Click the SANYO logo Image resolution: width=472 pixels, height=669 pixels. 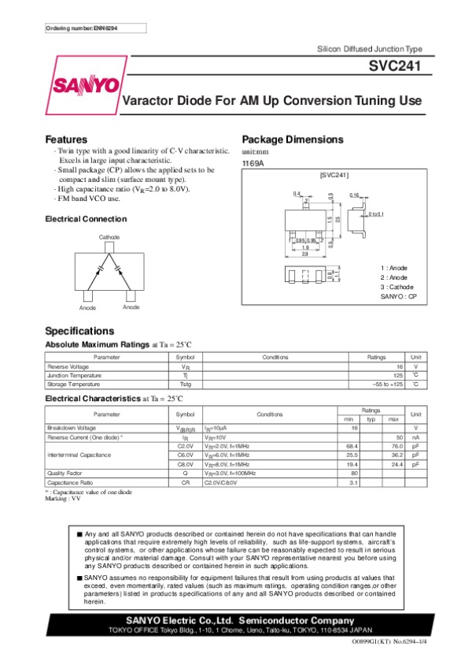85,85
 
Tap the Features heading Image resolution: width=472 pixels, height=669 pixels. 66,139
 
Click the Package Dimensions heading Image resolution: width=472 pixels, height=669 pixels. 292,139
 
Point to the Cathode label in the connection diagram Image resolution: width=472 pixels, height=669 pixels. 109,237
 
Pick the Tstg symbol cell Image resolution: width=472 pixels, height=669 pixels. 185,384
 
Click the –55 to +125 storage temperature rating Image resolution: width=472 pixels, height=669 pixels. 387,384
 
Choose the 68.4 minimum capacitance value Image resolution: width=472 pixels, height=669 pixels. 352,445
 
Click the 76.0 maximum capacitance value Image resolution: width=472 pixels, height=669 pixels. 396,445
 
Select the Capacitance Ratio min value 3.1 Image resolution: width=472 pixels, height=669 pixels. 354,481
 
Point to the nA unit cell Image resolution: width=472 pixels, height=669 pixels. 415,437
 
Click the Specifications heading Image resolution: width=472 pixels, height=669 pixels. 79,331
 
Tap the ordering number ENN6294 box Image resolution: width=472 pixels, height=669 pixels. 81,28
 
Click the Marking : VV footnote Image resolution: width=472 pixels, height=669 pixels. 63,499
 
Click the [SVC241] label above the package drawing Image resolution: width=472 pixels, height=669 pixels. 334,174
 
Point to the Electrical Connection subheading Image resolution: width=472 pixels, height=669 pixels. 86,218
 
